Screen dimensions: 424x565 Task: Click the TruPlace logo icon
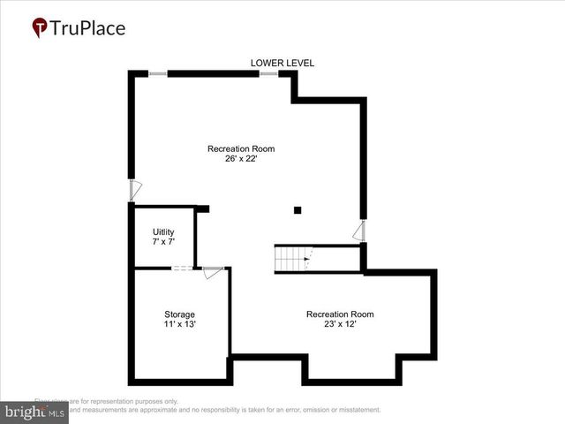coord(40,27)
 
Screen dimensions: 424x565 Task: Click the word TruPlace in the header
coord(87,27)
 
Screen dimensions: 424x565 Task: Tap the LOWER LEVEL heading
coord(282,63)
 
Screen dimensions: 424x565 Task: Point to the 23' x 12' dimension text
coord(340,324)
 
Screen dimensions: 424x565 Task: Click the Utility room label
coord(163,232)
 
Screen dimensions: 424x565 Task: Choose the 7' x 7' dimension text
coord(163,242)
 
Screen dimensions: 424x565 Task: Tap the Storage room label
coord(179,314)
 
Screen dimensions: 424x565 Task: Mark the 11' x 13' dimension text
coord(179,324)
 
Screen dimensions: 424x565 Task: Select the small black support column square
coord(298,210)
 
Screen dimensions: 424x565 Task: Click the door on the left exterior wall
coord(135,190)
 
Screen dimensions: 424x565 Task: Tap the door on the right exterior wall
coord(358,231)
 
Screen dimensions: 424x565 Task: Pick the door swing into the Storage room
coord(212,273)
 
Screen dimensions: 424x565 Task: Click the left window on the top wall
coord(158,73)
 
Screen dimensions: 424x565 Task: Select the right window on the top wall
coord(268,73)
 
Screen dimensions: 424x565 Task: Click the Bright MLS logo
coord(35,413)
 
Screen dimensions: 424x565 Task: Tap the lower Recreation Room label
coord(340,314)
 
